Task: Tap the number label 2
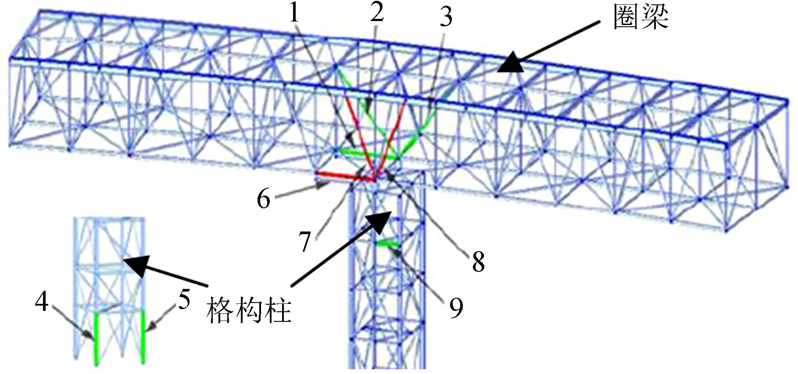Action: click(x=376, y=13)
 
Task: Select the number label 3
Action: click(x=446, y=17)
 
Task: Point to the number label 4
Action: click(x=42, y=302)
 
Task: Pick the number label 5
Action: click(x=184, y=300)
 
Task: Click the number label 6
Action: click(x=263, y=199)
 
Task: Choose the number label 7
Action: click(x=305, y=242)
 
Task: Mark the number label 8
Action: click(x=478, y=262)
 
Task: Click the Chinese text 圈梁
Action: click(x=641, y=18)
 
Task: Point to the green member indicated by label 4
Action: click(x=97, y=338)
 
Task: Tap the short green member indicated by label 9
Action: click(x=388, y=244)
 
